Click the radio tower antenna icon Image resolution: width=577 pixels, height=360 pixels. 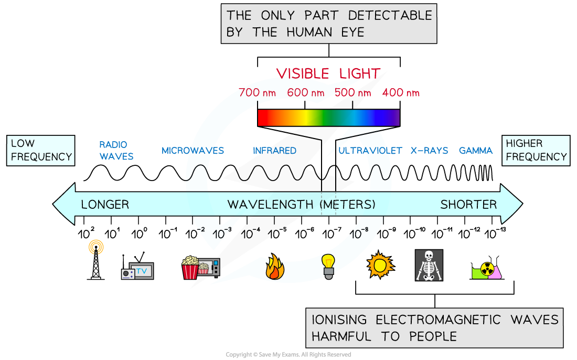point(96,258)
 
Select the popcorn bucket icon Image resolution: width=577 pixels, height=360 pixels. point(190,268)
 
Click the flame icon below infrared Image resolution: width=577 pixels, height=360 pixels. point(275,267)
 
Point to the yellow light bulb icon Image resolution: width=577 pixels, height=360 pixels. point(328,264)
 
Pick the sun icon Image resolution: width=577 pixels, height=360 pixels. point(380,266)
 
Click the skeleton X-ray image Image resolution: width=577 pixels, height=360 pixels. point(429,265)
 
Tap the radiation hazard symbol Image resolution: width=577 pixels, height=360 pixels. point(487,270)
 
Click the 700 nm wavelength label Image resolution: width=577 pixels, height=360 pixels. point(257,93)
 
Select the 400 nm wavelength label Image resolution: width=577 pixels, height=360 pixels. point(401,93)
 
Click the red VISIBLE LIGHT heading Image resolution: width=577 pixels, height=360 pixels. point(328,73)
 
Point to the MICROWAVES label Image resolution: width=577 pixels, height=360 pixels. point(193,151)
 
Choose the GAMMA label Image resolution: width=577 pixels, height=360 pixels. point(476,151)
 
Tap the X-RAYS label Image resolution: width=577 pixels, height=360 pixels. point(429,151)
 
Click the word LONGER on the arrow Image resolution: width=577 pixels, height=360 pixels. point(105,204)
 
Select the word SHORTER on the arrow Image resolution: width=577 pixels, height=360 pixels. point(468,204)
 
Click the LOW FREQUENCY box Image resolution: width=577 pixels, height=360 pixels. point(41,151)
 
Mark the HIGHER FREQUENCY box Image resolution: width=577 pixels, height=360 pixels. point(536,151)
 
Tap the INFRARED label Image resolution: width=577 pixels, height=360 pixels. point(274,151)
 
